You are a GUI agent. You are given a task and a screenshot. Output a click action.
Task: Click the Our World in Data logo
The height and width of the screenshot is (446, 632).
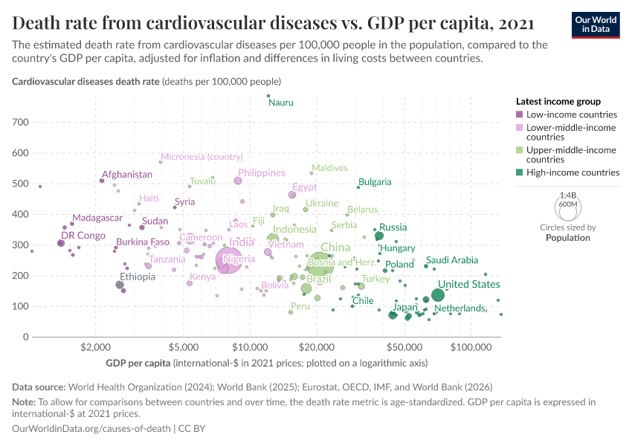click(595, 23)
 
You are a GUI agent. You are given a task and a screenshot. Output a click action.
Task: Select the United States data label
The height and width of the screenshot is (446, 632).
click(468, 285)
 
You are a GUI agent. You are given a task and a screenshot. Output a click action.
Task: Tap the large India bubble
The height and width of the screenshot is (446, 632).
click(230, 259)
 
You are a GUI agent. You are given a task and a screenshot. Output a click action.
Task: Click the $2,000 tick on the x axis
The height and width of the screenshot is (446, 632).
click(95, 347)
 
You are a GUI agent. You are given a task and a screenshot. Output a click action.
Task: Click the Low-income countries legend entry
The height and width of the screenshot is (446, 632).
click(571, 114)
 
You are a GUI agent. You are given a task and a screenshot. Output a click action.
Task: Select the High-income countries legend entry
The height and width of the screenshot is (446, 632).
click(572, 172)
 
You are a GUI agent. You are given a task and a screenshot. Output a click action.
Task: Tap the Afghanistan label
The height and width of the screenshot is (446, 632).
click(127, 175)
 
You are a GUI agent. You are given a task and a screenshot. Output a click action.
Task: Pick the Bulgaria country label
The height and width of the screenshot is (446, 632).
click(375, 182)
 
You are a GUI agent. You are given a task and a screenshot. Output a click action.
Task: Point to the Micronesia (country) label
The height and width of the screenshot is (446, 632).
click(202, 157)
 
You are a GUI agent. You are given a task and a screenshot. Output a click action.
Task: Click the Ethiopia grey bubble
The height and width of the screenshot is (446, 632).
click(120, 285)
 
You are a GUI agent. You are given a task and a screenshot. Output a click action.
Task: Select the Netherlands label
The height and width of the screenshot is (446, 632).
click(461, 308)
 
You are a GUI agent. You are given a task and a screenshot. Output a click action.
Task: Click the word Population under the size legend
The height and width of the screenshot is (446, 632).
click(568, 238)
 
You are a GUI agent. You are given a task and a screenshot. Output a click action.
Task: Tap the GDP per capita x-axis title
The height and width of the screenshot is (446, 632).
click(139, 363)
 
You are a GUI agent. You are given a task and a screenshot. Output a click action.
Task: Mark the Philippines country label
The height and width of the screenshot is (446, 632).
click(262, 172)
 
